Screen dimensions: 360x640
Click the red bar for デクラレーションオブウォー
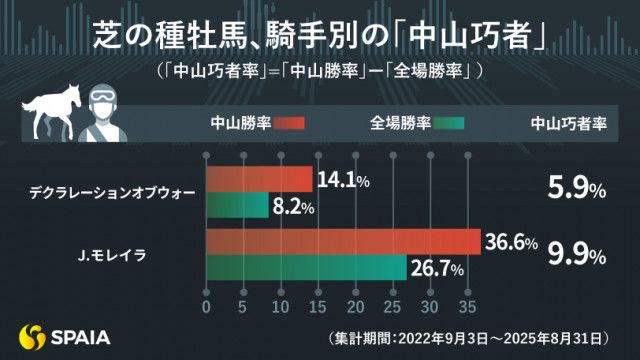(259, 180)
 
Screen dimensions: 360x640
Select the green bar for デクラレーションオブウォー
(237, 206)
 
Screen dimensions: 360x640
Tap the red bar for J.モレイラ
(343, 243)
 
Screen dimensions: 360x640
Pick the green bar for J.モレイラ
(306, 269)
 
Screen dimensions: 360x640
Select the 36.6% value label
(512, 243)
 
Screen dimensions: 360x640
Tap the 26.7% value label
(437, 269)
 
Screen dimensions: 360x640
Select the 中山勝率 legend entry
(256, 124)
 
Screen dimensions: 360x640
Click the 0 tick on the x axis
(206, 305)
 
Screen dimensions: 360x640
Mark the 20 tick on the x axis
(355, 305)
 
